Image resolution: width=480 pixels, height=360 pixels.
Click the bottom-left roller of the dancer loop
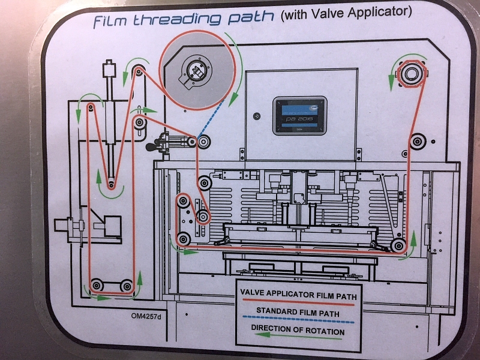(97, 284)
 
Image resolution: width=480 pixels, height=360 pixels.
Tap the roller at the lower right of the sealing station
(397, 245)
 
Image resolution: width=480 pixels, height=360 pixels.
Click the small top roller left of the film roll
(139, 73)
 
